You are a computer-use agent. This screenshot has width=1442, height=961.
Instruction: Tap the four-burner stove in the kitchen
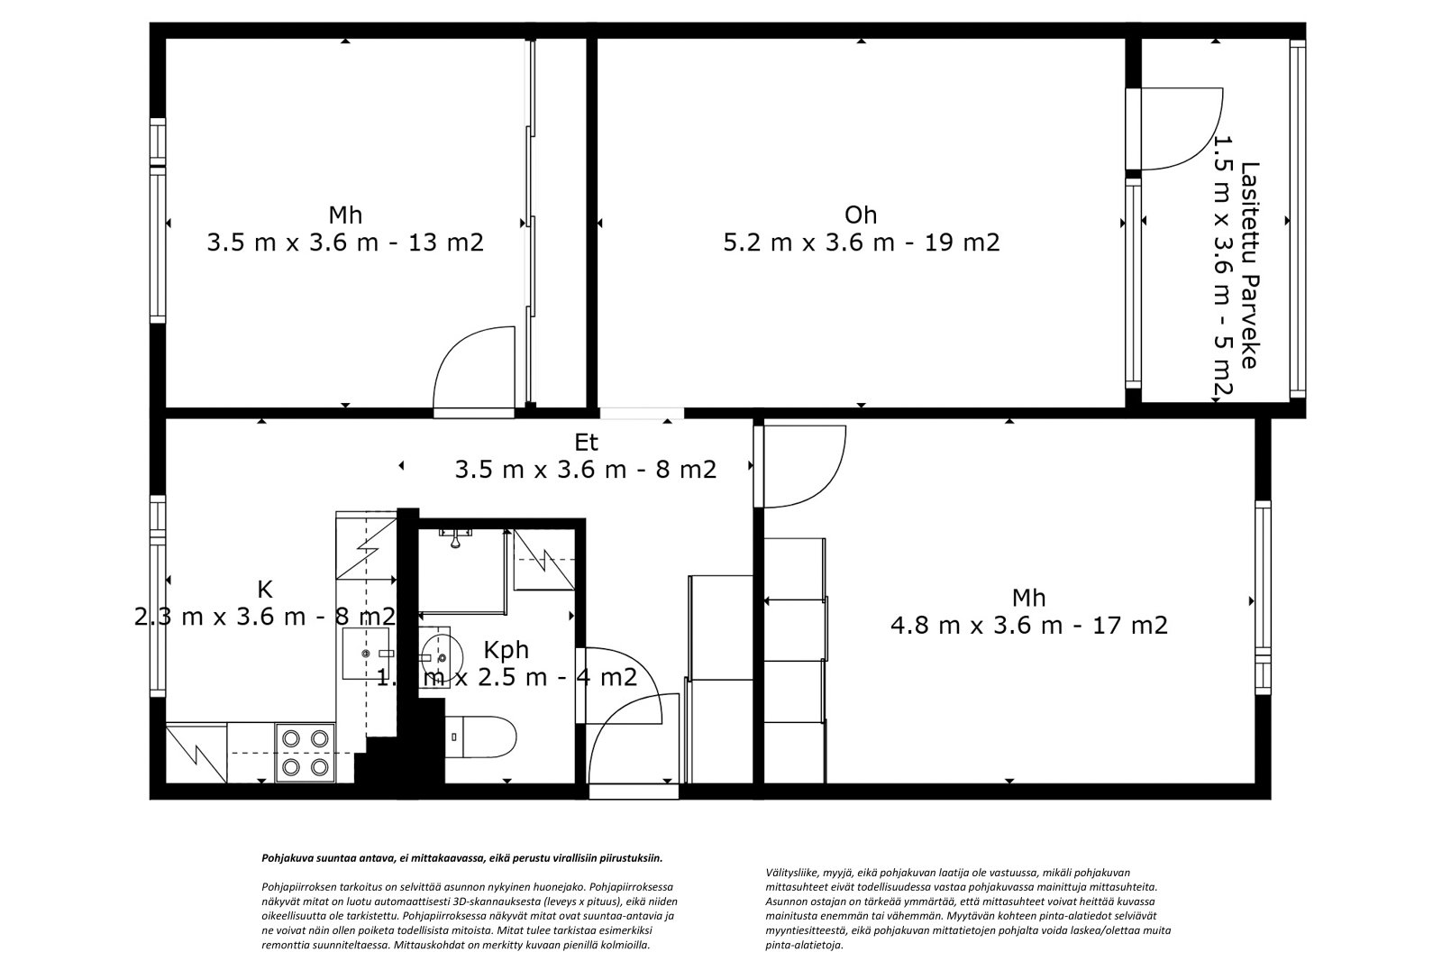(305, 752)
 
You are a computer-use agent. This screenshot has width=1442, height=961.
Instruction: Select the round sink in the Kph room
(441, 650)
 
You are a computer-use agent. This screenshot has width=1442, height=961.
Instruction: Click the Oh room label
(861, 215)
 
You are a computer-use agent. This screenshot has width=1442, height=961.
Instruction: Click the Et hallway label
(586, 443)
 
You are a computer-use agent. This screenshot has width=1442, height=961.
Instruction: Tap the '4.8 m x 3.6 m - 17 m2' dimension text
(1028, 625)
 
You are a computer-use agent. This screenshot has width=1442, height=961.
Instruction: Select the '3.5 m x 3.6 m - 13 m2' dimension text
(345, 242)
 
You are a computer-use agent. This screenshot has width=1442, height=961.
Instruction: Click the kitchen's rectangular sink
(367, 653)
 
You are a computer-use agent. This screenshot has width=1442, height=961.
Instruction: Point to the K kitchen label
(264, 590)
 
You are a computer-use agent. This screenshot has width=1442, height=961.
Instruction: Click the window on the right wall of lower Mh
(1262, 600)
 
